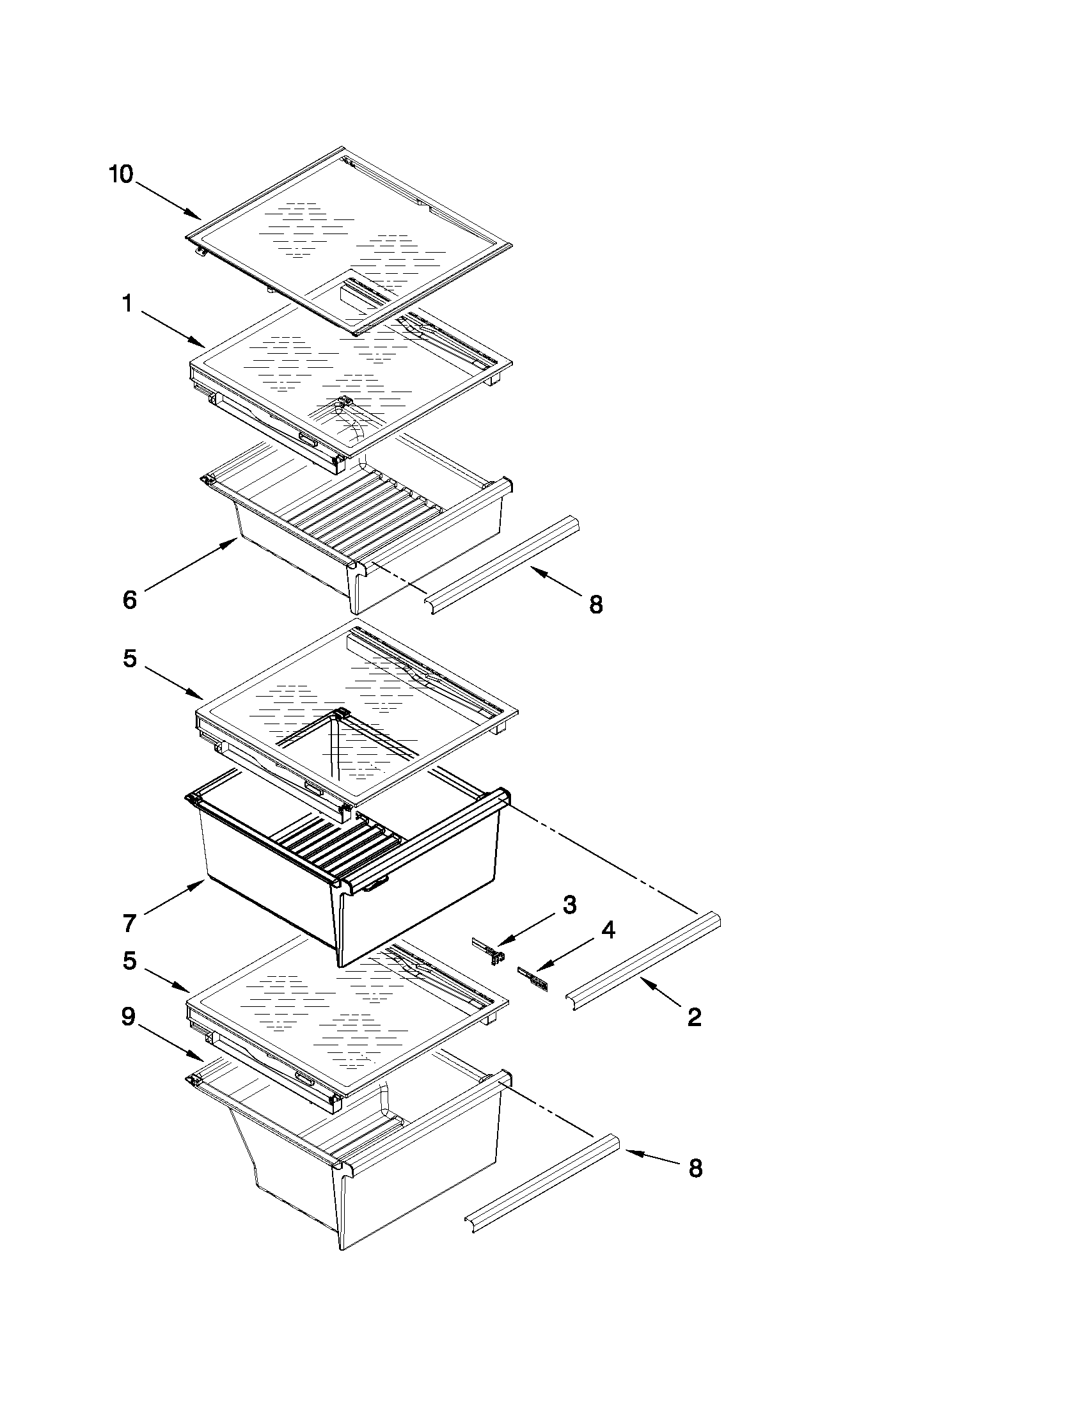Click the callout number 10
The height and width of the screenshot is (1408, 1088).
[120, 174]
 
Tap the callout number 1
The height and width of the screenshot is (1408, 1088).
[128, 304]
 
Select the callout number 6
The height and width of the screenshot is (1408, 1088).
[130, 600]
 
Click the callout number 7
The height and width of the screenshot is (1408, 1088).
[130, 923]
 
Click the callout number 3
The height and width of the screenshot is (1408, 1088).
[569, 905]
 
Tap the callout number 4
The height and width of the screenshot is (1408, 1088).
[608, 929]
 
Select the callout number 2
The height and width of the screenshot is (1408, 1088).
[694, 1017]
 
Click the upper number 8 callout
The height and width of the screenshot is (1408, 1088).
[595, 604]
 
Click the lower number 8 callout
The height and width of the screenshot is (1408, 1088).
[695, 1168]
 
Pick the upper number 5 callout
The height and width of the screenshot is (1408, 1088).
[130, 658]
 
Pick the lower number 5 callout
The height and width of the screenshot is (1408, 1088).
[130, 961]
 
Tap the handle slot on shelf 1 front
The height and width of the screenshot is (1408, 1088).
[308, 440]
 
